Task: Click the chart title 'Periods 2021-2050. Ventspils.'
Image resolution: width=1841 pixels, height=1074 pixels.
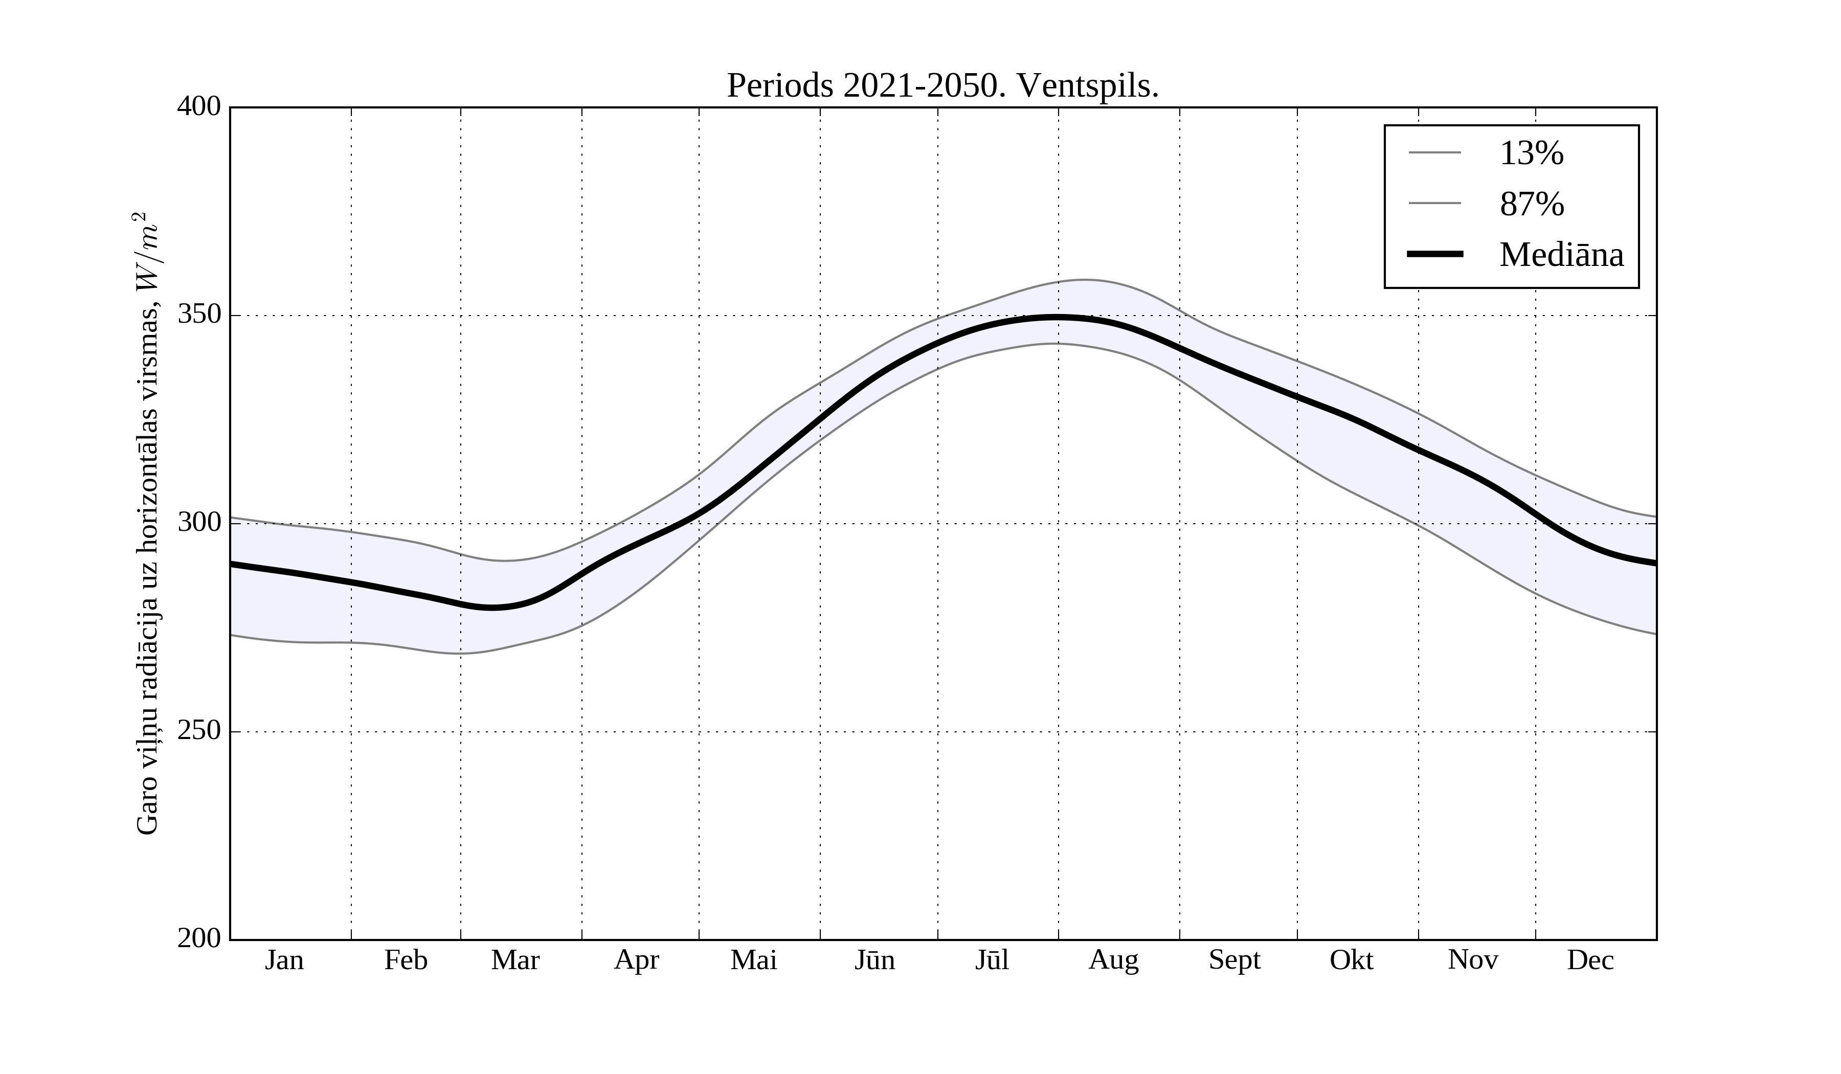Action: (x=942, y=86)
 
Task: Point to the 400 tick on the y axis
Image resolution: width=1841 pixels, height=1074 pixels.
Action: (x=199, y=107)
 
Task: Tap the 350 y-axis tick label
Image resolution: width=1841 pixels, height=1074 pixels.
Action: (x=199, y=315)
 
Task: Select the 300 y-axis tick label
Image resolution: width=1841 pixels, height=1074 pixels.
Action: (x=199, y=523)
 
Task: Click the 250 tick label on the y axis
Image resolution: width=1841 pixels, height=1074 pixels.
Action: (x=199, y=731)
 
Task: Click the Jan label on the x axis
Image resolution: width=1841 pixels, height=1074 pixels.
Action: (x=284, y=960)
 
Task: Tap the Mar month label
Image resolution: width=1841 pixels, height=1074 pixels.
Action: (x=515, y=960)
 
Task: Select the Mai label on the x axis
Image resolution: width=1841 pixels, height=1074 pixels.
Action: (x=753, y=960)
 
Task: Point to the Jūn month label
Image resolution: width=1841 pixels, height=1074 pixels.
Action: (x=874, y=960)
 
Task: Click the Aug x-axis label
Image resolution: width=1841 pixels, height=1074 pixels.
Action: (x=1113, y=960)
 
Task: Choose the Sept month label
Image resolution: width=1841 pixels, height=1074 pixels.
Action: (x=1234, y=960)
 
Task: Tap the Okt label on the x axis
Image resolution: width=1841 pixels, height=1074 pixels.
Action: (x=1352, y=960)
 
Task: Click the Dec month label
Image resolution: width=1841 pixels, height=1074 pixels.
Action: (x=1590, y=960)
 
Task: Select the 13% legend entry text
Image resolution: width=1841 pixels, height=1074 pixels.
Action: (x=1531, y=153)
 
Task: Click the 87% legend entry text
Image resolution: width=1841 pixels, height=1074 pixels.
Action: (x=1531, y=204)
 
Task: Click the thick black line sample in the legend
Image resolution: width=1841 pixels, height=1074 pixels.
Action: (x=1435, y=254)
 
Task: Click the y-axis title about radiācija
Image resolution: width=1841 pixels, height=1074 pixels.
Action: (x=148, y=523)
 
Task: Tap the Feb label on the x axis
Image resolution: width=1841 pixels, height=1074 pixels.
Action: (x=406, y=960)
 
